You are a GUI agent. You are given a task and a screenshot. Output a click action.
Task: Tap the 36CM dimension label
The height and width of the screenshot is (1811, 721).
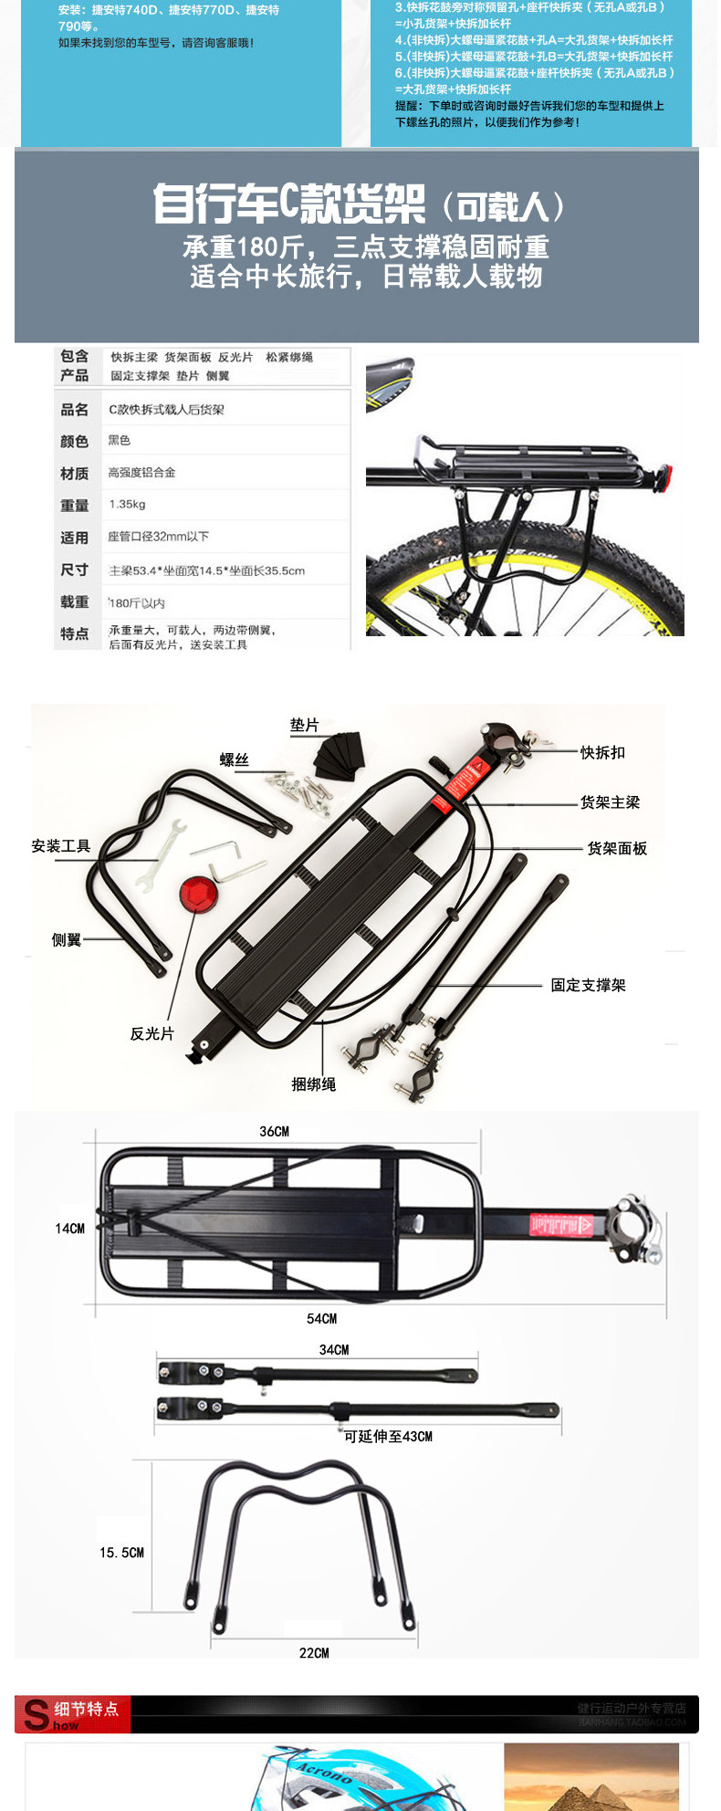[274, 1131]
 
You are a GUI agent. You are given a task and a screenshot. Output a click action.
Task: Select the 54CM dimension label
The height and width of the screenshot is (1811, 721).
[321, 1318]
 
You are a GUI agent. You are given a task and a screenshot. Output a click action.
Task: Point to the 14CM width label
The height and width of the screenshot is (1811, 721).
[69, 1229]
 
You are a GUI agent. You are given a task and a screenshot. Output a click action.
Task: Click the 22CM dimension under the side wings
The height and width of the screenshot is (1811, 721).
[314, 1652]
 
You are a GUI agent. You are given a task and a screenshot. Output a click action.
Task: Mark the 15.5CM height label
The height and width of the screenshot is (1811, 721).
[121, 1552]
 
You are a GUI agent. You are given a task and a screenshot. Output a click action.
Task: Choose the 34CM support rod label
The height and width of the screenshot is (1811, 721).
[334, 1349]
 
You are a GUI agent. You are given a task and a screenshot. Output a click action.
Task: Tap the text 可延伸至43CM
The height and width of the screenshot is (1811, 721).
[388, 1436]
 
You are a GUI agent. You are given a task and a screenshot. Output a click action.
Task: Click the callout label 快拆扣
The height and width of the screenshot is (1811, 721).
[603, 752]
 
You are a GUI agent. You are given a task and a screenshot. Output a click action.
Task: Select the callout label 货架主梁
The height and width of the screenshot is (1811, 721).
[611, 801]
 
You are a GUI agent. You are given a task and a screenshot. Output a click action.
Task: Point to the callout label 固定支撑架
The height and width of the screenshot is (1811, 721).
[589, 985]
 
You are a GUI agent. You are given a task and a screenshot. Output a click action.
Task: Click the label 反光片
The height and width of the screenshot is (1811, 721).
[152, 1033]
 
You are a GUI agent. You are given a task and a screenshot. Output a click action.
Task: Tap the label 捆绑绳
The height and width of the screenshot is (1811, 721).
[314, 1083]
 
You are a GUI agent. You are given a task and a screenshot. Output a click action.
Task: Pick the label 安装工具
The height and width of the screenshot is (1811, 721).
[61, 846]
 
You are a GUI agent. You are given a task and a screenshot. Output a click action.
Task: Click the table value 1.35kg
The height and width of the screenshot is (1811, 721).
[127, 504]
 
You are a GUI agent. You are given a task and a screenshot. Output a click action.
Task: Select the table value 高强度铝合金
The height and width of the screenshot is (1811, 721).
[141, 472]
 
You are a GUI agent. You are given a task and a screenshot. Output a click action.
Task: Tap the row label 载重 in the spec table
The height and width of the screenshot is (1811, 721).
[75, 602]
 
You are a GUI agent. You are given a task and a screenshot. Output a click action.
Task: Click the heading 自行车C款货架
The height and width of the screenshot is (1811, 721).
[288, 203]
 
